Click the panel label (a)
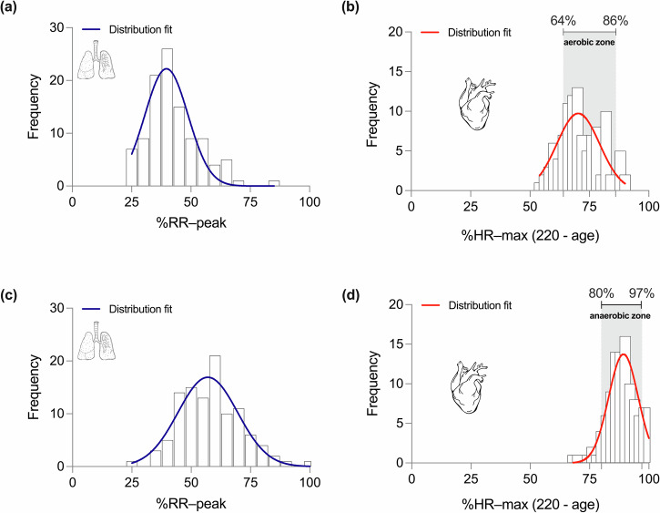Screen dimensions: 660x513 coord(8,7)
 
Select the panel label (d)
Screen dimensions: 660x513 coord(351,295)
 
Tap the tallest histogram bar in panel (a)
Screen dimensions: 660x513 coord(168,118)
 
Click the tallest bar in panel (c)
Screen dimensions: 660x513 coord(215,411)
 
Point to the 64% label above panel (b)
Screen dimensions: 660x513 coord(564,21)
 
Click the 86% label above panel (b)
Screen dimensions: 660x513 coord(615,21)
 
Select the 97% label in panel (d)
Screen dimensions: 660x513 coord(642,293)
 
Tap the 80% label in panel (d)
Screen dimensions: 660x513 coord(601,293)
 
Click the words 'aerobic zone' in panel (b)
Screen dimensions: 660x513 coord(589,43)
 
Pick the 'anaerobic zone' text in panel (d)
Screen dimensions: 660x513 coord(620,315)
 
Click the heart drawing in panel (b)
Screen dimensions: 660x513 coord(476,103)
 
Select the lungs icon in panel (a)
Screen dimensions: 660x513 coord(97,59)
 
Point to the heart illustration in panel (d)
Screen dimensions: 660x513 coord(469,386)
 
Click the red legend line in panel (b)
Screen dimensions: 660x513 coord(430,33)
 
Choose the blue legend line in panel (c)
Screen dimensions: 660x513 coord(91,309)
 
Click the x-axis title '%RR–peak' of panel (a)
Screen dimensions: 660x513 coord(191,222)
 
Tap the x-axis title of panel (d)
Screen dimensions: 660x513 coord(531,504)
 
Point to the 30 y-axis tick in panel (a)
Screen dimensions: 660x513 coord(57,28)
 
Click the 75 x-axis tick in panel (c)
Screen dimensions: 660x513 coord(250,482)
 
